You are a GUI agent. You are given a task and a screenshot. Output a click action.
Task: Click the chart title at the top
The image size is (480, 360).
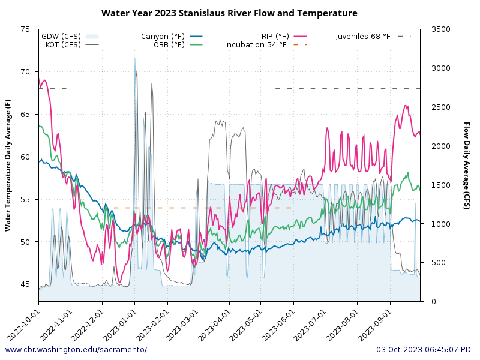tap(229, 13)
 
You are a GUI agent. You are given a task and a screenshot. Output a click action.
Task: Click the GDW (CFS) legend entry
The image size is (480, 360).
tap(61, 37)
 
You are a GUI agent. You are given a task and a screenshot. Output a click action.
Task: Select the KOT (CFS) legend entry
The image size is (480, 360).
tap(62, 44)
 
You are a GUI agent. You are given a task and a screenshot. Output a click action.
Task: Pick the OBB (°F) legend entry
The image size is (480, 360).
tap(169, 44)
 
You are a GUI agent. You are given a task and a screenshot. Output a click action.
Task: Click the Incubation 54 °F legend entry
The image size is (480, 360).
tap(256, 44)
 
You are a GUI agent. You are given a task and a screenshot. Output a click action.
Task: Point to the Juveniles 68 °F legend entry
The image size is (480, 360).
tap(363, 37)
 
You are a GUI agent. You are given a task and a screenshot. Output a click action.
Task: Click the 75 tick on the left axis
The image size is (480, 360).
tap(25, 29)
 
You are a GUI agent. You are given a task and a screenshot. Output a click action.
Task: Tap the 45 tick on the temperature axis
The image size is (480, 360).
tap(25, 284)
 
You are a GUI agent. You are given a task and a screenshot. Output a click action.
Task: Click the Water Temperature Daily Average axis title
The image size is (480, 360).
tap(8, 165)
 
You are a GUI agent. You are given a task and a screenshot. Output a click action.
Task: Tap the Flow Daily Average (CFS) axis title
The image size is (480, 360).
tap(466, 165)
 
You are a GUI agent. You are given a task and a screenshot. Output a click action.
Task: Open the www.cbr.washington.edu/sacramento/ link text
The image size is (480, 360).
tap(76, 350)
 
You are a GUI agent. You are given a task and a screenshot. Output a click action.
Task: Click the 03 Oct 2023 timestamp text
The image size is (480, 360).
tap(425, 350)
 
